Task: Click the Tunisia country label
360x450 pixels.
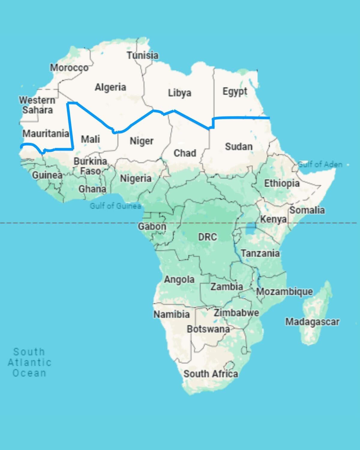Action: tap(142, 55)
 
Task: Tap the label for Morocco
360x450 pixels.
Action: tap(69, 68)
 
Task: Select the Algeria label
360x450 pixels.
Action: tap(110, 87)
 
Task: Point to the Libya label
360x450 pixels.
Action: tap(179, 93)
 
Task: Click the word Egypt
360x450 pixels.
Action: tap(235, 91)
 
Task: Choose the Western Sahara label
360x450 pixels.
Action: tap(37, 105)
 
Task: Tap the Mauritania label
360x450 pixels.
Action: tap(46, 133)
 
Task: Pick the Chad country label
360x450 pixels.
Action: tap(185, 153)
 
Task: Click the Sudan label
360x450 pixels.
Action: tap(239, 147)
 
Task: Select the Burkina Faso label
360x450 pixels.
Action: tap(90, 166)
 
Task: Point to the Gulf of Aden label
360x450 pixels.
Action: tap(320, 164)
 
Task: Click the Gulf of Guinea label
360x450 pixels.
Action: tap(115, 206)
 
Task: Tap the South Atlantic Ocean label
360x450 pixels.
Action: tap(29, 362)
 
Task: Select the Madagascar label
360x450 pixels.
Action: tap(312, 322)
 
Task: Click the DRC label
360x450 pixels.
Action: tap(207, 237)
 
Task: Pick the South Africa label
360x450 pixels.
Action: tap(211, 374)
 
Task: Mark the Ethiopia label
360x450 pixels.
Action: tap(282, 183)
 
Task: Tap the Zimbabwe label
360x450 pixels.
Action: tap(236, 313)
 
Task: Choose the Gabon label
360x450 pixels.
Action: tap(152, 226)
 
